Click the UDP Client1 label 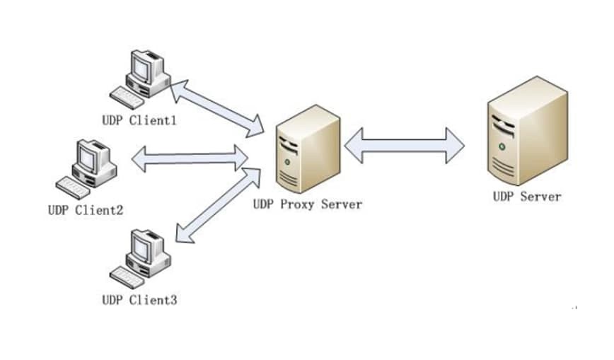click(x=139, y=120)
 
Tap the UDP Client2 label click(x=86, y=209)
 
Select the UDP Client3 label click(x=139, y=299)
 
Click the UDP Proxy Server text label click(x=308, y=204)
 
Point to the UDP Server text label click(x=527, y=196)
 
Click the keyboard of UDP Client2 click(x=74, y=186)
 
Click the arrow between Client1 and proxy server click(x=216, y=108)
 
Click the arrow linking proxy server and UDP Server click(x=404, y=143)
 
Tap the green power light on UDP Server click(x=502, y=146)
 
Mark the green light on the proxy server click(x=286, y=162)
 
